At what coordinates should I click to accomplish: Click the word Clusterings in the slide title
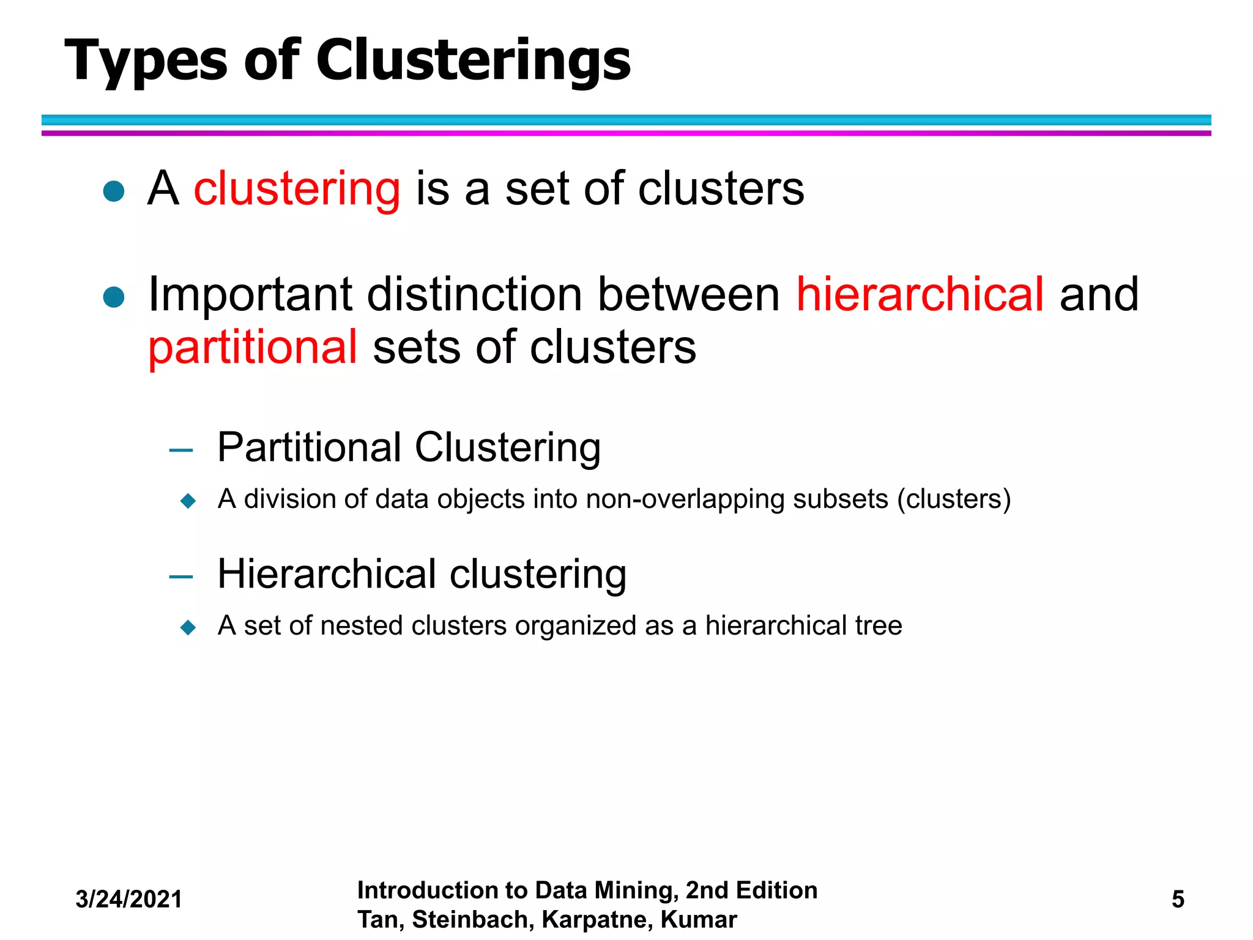[473, 61]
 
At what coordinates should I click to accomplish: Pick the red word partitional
[253, 347]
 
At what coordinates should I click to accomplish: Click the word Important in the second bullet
[250, 294]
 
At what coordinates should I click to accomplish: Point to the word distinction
[475, 294]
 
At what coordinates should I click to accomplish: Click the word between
[689, 294]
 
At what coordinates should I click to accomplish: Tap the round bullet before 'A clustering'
[114, 192]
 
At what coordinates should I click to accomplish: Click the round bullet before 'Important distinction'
[114, 297]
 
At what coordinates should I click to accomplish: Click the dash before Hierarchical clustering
[181, 577]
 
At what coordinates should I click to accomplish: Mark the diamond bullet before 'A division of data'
[188, 501]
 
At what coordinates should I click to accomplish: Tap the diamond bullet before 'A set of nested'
[188, 627]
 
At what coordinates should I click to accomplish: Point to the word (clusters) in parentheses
[954, 499]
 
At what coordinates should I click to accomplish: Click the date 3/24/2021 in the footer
[129, 899]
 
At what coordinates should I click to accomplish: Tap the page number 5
[1178, 899]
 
